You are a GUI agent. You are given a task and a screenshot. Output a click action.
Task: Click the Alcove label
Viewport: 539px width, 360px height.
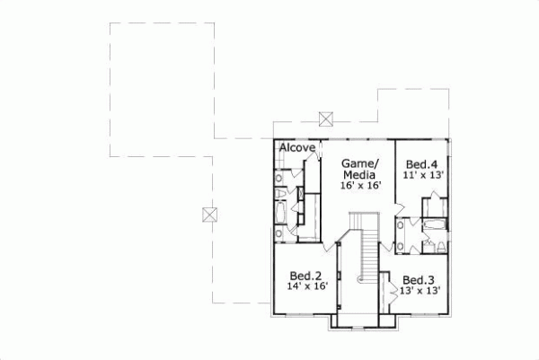[296, 147]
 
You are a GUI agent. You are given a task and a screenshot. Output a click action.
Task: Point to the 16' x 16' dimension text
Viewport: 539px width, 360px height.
[361, 185]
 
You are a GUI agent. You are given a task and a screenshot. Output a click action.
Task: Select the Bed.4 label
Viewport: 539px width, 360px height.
[421, 164]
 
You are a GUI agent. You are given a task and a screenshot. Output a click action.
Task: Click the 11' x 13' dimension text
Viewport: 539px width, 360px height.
[421, 176]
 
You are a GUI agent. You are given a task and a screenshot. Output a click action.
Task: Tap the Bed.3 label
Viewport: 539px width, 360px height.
[419, 279]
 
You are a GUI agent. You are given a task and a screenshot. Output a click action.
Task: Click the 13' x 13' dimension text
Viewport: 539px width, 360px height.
[419, 291]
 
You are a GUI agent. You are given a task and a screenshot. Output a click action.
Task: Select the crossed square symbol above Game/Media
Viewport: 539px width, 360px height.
[327, 118]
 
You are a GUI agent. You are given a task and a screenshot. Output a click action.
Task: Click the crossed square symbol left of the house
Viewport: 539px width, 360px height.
[210, 214]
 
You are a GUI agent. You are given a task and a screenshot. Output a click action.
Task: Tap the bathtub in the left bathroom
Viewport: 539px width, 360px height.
[280, 214]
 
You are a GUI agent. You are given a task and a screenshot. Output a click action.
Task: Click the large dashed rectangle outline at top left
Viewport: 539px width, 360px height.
[162, 81]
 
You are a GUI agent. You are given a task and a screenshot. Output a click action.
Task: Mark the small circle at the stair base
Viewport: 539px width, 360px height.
[361, 280]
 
